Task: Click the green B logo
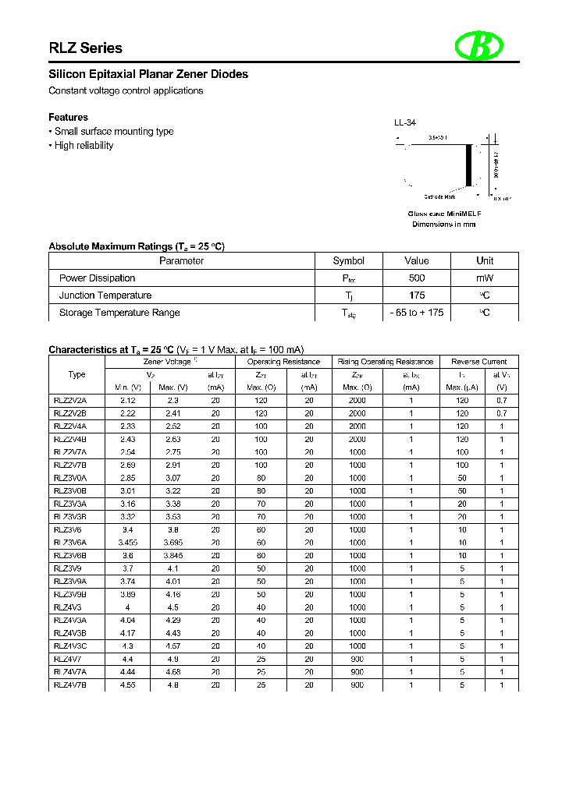tap(478, 47)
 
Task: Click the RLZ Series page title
tap(86, 48)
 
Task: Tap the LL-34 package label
tap(404, 123)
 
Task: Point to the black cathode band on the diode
tap(469, 165)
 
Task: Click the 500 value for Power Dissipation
tap(416, 278)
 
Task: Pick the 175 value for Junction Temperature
tap(416, 295)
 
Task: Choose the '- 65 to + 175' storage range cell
tap(416, 313)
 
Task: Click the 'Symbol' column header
tap(348, 261)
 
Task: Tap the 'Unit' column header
tap(485, 261)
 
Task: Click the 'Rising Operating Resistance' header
tap(386, 362)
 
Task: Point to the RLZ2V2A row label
tap(70, 400)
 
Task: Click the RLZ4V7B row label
tap(70, 685)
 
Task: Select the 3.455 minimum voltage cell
tap(127, 543)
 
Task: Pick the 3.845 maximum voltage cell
tap(173, 556)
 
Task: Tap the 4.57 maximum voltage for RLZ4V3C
tap(173, 646)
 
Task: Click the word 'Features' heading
tap(68, 118)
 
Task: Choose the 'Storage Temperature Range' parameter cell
tap(119, 313)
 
